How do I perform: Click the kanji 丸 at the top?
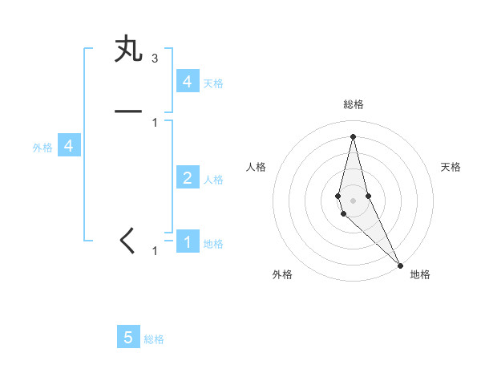pyautogui.click(x=128, y=48)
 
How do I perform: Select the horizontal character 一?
pyautogui.click(x=128, y=111)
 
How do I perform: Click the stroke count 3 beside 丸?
pyautogui.click(x=155, y=59)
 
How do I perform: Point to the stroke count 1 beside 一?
pyautogui.click(x=155, y=122)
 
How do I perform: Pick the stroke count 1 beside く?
pyautogui.click(x=155, y=251)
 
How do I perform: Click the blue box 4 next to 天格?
pyautogui.click(x=187, y=82)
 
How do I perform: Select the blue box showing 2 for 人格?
pyautogui.click(x=187, y=178)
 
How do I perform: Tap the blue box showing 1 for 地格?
pyautogui.click(x=187, y=242)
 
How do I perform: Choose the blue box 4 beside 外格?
pyautogui.click(x=69, y=146)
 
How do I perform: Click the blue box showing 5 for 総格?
pyautogui.click(x=128, y=338)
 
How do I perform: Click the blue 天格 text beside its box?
pyautogui.click(x=213, y=83)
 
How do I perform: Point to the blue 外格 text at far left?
pyautogui.click(x=42, y=148)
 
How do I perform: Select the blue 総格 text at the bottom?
pyautogui.click(x=154, y=339)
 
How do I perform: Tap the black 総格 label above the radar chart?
pyautogui.click(x=354, y=104)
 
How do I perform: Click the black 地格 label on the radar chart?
pyautogui.click(x=420, y=274)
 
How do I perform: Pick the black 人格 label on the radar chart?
pyautogui.click(x=256, y=167)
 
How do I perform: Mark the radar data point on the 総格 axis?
pyautogui.click(x=354, y=136)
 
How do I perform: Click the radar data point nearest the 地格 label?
pyautogui.click(x=400, y=264)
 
